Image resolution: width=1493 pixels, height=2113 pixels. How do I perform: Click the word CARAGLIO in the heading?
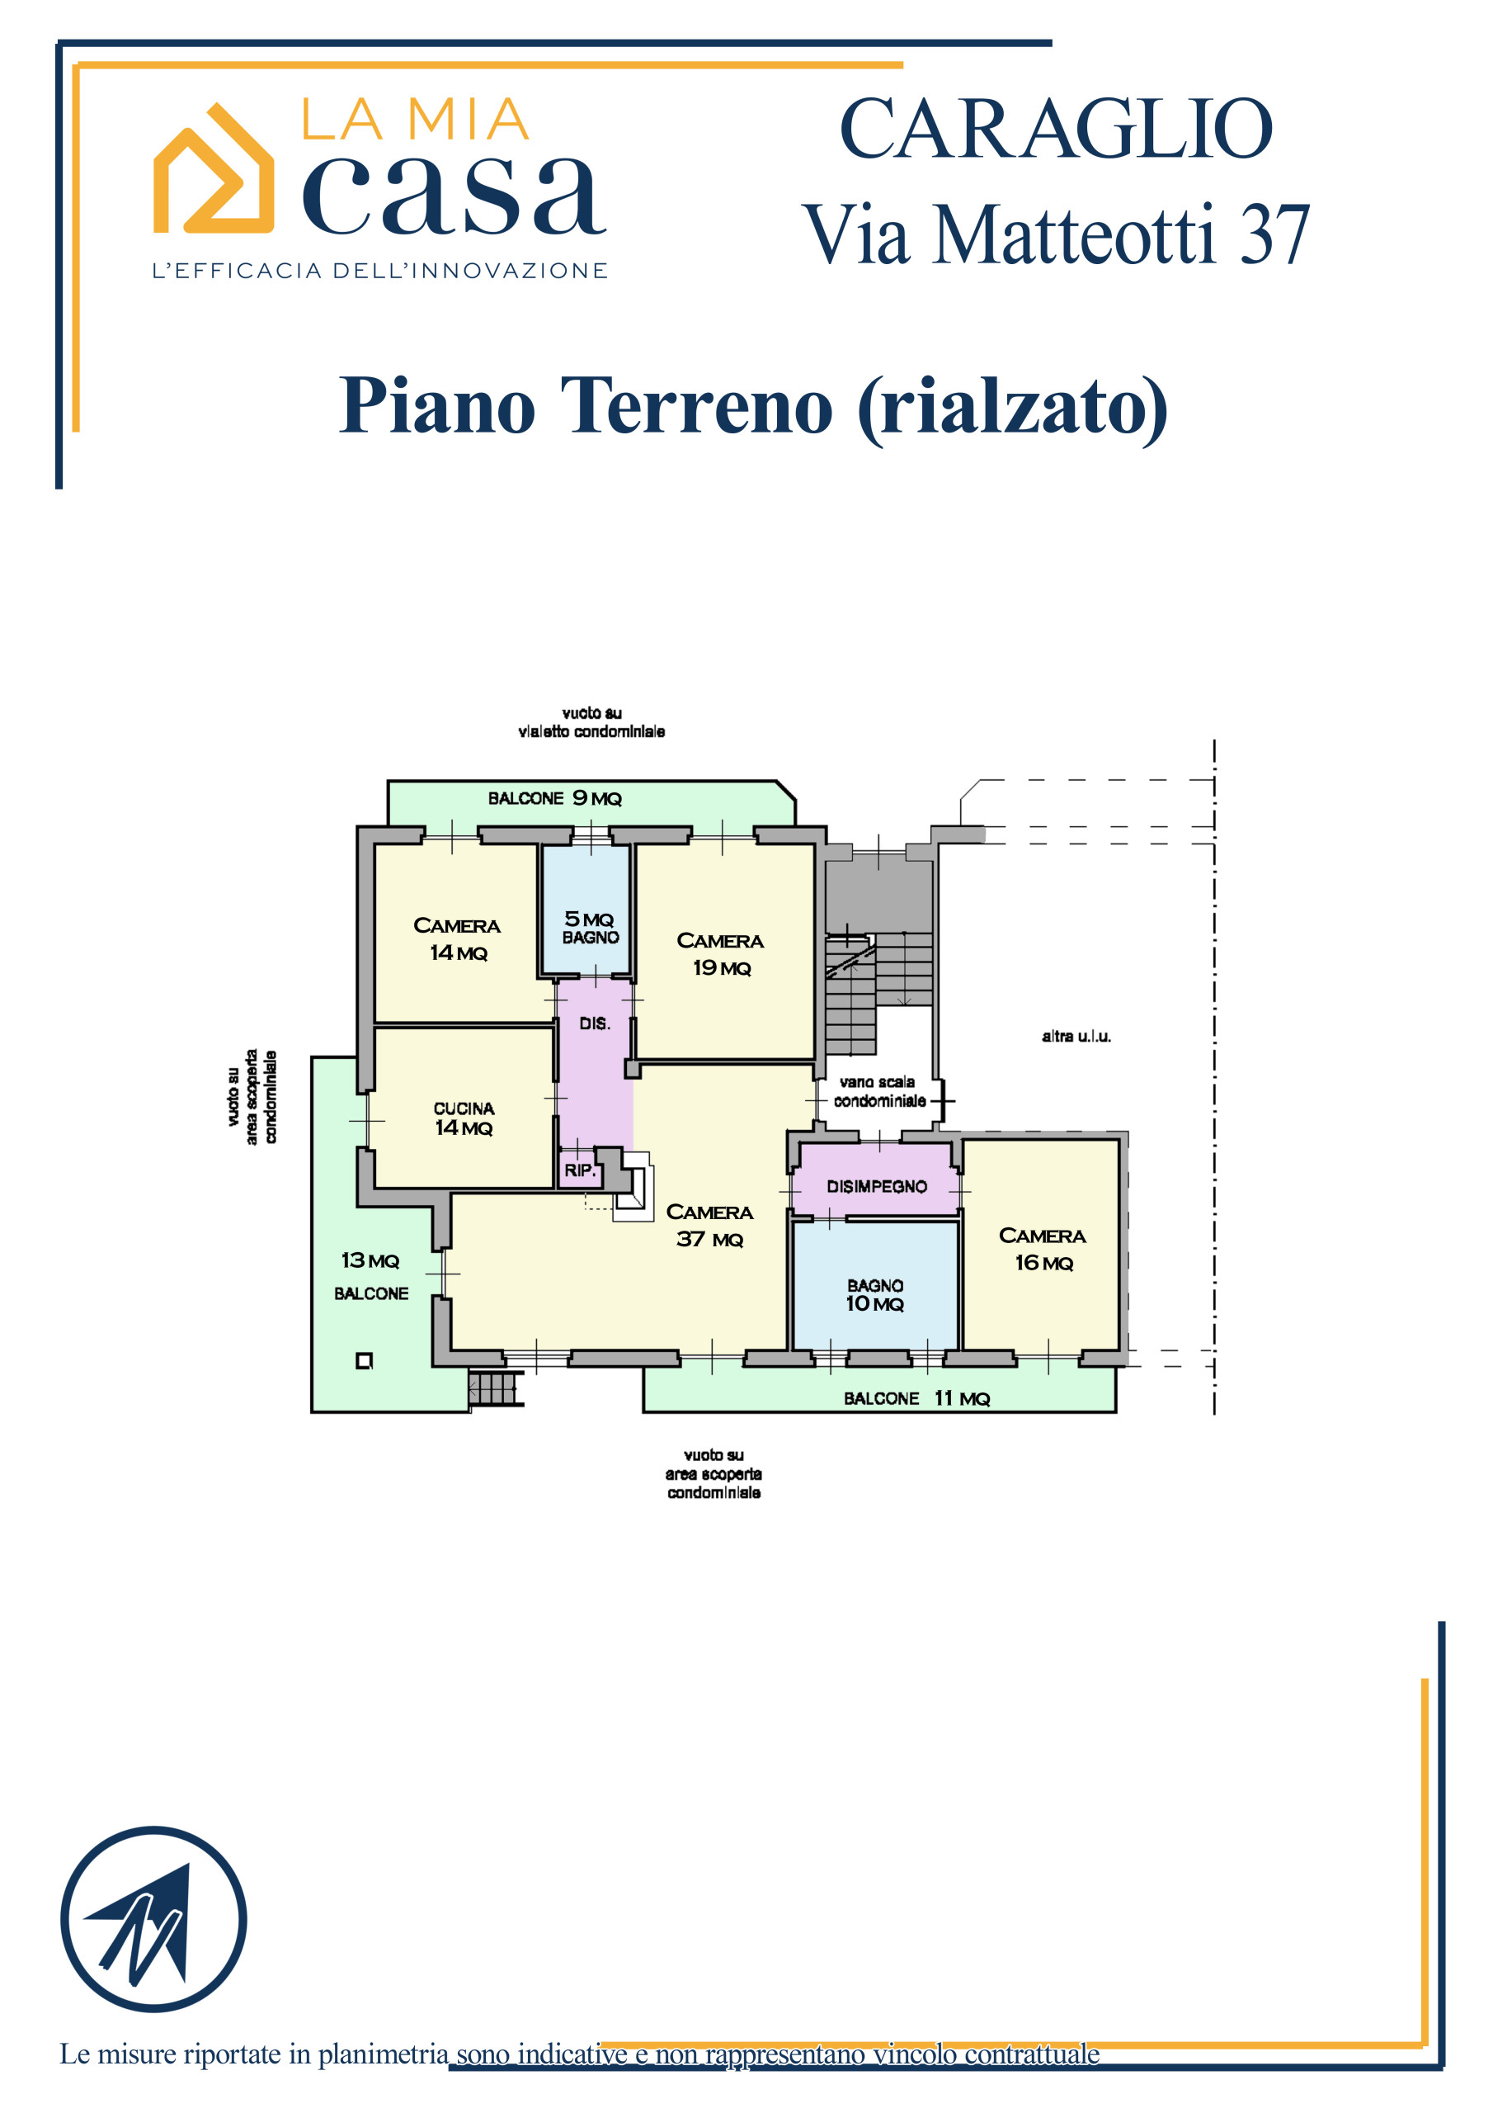tap(1055, 129)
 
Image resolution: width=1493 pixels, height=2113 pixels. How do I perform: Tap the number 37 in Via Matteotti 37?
tap(1274, 234)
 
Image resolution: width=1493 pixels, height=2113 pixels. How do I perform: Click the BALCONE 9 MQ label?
tap(554, 798)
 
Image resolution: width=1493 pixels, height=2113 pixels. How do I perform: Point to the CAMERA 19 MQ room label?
tap(720, 953)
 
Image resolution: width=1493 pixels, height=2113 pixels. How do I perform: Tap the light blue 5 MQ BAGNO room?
tap(586, 908)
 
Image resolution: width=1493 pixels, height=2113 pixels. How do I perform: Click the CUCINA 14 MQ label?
tap(464, 1118)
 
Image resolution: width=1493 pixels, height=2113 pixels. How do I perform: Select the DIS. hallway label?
tap(594, 1023)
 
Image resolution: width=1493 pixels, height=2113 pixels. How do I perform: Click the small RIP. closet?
tap(581, 1170)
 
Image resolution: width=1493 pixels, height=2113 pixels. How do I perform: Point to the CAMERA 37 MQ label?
tap(709, 1225)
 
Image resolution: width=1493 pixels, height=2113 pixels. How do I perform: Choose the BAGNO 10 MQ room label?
tap(875, 1295)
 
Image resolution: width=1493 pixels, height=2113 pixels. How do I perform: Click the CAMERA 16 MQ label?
tap(1043, 1249)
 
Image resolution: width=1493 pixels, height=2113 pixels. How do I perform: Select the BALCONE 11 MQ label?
tap(916, 1399)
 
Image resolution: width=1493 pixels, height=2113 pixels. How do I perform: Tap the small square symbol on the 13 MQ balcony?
tap(365, 1360)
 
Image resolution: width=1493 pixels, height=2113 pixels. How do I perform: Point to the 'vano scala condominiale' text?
tap(878, 1091)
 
